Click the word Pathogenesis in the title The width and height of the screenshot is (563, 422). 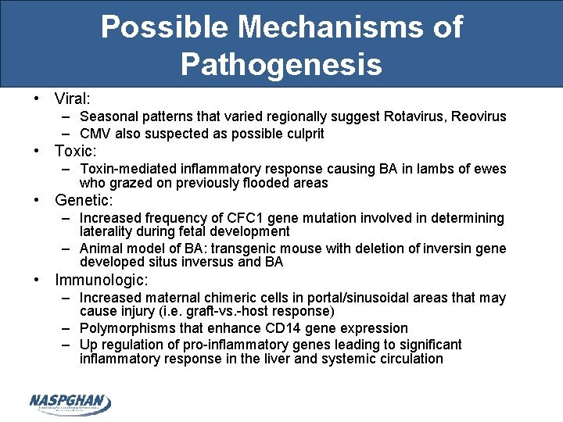(281, 63)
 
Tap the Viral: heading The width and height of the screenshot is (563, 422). (73, 98)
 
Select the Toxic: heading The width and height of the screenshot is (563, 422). (77, 151)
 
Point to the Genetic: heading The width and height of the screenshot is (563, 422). (84, 200)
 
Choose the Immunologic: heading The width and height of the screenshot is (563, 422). (102, 280)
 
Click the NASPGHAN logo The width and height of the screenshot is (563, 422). (70, 403)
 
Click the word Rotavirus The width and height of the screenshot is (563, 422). (414, 116)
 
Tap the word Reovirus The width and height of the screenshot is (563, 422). (477, 116)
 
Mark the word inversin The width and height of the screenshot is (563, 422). (450, 249)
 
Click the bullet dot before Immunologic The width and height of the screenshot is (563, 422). (37, 280)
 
